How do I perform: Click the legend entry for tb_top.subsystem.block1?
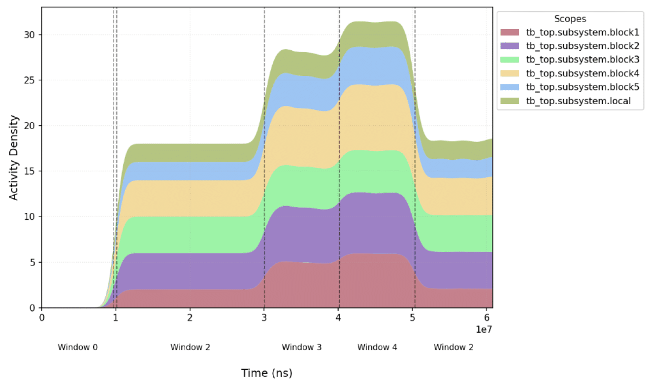tap(583, 32)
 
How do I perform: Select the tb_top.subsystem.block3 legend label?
tap(583, 60)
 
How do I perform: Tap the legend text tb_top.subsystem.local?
tap(578, 101)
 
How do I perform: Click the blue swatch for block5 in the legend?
tap(510, 87)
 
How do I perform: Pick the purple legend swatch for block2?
tap(510, 46)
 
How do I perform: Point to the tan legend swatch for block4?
tap(510, 73)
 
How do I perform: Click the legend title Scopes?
tap(570, 19)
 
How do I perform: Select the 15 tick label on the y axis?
tap(29, 171)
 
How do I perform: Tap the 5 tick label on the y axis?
tap(32, 262)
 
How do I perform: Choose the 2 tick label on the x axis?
tap(190, 317)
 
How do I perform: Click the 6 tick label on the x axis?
tap(487, 317)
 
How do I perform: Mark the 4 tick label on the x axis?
tap(338, 317)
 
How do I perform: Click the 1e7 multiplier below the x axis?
tap(484, 329)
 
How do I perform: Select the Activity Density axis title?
tap(14, 158)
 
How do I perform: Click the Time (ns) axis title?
tap(267, 373)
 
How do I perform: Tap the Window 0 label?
tap(78, 347)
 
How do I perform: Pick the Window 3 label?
tap(302, 347)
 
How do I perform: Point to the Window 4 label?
tap(377, 347)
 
